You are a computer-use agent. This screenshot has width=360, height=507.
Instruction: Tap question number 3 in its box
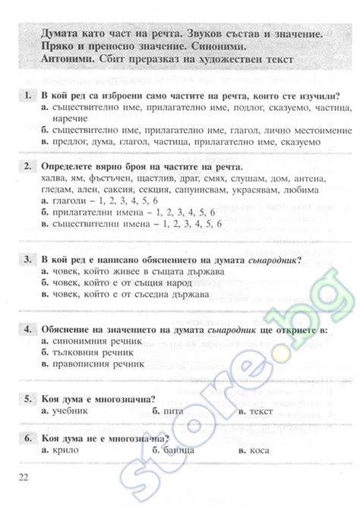tap(28, 260)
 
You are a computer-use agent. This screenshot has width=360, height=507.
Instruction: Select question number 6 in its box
tap(28, 438)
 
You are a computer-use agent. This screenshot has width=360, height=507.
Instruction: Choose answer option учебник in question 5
tap(68, 411)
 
